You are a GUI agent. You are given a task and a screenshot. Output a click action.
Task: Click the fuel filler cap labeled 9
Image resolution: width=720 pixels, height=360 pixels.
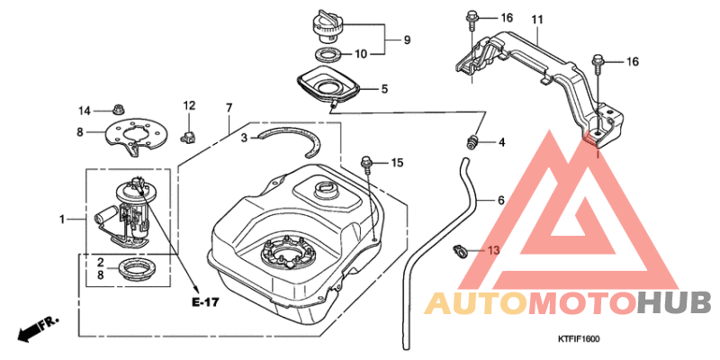(327, 28)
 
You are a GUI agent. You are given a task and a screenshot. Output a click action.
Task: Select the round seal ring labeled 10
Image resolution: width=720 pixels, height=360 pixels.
(328, 55)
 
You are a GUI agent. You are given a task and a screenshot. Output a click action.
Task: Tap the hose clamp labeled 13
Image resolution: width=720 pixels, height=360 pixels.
(461, 250)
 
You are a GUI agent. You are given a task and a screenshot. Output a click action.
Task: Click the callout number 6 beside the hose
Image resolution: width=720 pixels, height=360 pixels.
(501, 200)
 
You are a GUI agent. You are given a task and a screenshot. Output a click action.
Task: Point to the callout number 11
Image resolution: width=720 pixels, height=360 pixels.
(536, 20)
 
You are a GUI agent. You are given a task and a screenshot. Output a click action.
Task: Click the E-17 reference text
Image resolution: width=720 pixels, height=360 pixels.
(205, 301)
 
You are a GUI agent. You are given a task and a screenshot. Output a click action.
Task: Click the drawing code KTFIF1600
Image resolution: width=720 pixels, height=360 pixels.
(579, 339)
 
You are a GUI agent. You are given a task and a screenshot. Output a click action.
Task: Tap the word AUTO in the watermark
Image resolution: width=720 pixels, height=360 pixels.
(476, 303)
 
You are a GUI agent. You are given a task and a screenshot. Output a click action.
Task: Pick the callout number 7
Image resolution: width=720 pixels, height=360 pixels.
(229, 108)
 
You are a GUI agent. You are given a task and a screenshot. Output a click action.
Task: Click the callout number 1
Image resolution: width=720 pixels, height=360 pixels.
(62, 220)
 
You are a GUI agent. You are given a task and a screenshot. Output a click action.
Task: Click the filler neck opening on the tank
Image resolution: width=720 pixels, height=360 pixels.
(326, 189)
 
